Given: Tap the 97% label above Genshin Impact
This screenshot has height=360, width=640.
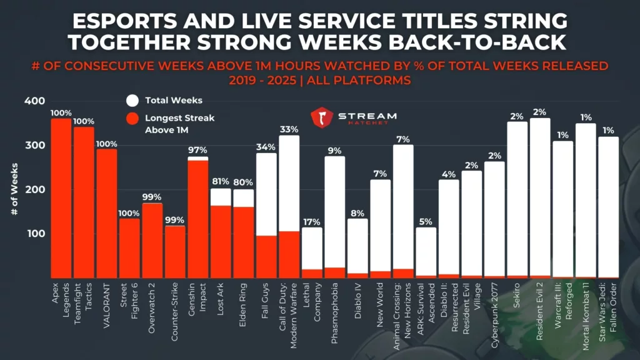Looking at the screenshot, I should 197,151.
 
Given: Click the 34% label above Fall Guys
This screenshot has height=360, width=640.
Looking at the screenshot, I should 266,147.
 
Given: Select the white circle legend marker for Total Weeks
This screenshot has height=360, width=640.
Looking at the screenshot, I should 132,100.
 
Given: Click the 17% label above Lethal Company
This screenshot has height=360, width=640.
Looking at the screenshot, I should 311,222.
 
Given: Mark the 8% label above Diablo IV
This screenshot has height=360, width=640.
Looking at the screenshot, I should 357,213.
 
